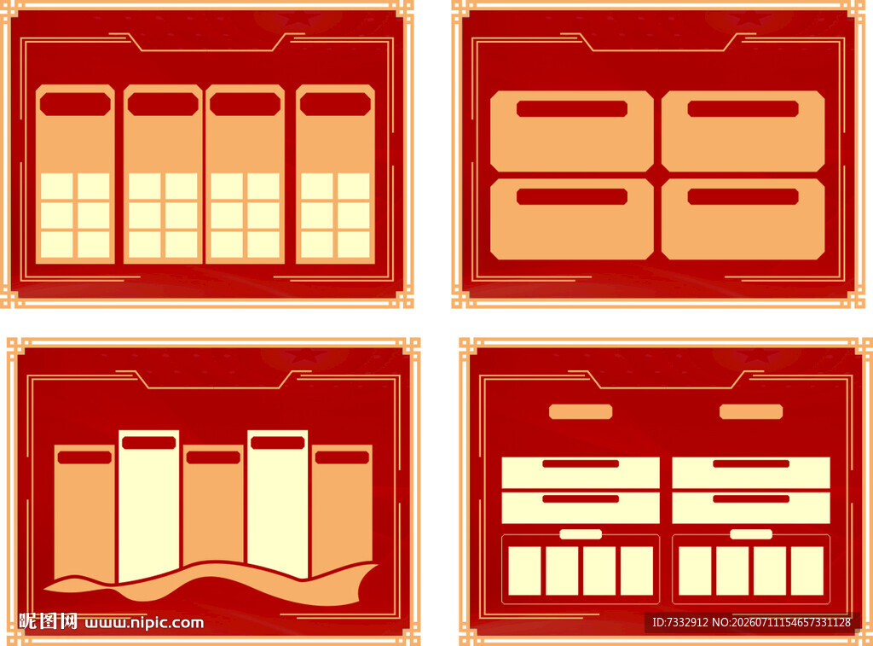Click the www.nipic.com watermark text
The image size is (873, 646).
tap(144, 623)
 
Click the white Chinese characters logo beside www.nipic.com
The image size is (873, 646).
tap(48, 621)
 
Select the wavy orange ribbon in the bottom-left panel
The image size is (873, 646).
tap(211, 583)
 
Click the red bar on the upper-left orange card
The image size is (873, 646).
tap(572, 108)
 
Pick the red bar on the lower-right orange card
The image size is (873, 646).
tap(743, 197)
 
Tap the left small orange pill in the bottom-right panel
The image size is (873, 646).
tap(581, 412)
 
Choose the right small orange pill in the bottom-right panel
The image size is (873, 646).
tap(751, 412)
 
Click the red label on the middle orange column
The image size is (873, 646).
tap(213, 457)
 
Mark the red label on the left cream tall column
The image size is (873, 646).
tap(148, 443)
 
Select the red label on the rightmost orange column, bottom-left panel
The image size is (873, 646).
tap(342, 457)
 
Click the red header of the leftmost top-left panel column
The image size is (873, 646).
tap(75, 104)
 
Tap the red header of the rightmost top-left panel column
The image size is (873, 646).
tap(335, 104)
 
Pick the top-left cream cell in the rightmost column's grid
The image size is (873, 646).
tap(317, 186)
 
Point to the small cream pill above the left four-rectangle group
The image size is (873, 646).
tap(581, 534)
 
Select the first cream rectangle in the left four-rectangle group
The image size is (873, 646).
tap(524, 571)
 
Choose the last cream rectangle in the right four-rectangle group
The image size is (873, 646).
tap(807, 571)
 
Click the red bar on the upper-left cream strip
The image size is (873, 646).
tap(581, 463)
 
